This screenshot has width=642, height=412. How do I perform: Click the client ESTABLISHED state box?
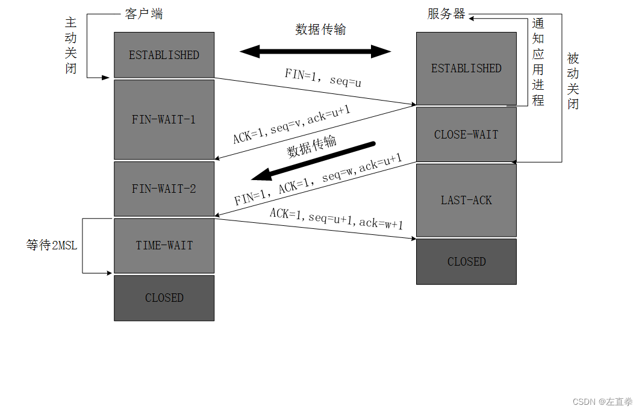(x=164, y=55)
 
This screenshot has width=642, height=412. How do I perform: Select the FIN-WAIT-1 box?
(x=164, y=119)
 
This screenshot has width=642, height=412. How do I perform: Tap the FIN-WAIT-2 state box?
(x=164, y=189)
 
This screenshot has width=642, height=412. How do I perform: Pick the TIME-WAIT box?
(x=164, y=245)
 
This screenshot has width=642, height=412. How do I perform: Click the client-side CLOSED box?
(x=164, y=298)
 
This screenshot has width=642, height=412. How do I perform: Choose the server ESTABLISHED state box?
(x=466, y=68)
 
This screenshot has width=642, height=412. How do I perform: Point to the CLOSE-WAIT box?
(x=466, y=134)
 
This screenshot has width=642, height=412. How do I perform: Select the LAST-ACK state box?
(x=466, y=200)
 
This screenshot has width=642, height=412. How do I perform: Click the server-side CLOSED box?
(x=466, y=261)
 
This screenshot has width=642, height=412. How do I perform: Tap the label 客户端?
(x=144, y=14)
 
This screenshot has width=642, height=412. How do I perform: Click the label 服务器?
(x=446, y=14)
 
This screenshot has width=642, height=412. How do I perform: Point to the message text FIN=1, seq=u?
(x=323, y=78)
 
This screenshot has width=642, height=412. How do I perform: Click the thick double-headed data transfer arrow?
(x=316, y=51)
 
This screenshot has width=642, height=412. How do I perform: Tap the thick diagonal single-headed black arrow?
(x=313, y=161)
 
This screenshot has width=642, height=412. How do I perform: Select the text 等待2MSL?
(x=52, y=246)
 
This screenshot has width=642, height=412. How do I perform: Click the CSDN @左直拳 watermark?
(x=602, y=402)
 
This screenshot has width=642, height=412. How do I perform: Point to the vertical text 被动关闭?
(x=573, y=81)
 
